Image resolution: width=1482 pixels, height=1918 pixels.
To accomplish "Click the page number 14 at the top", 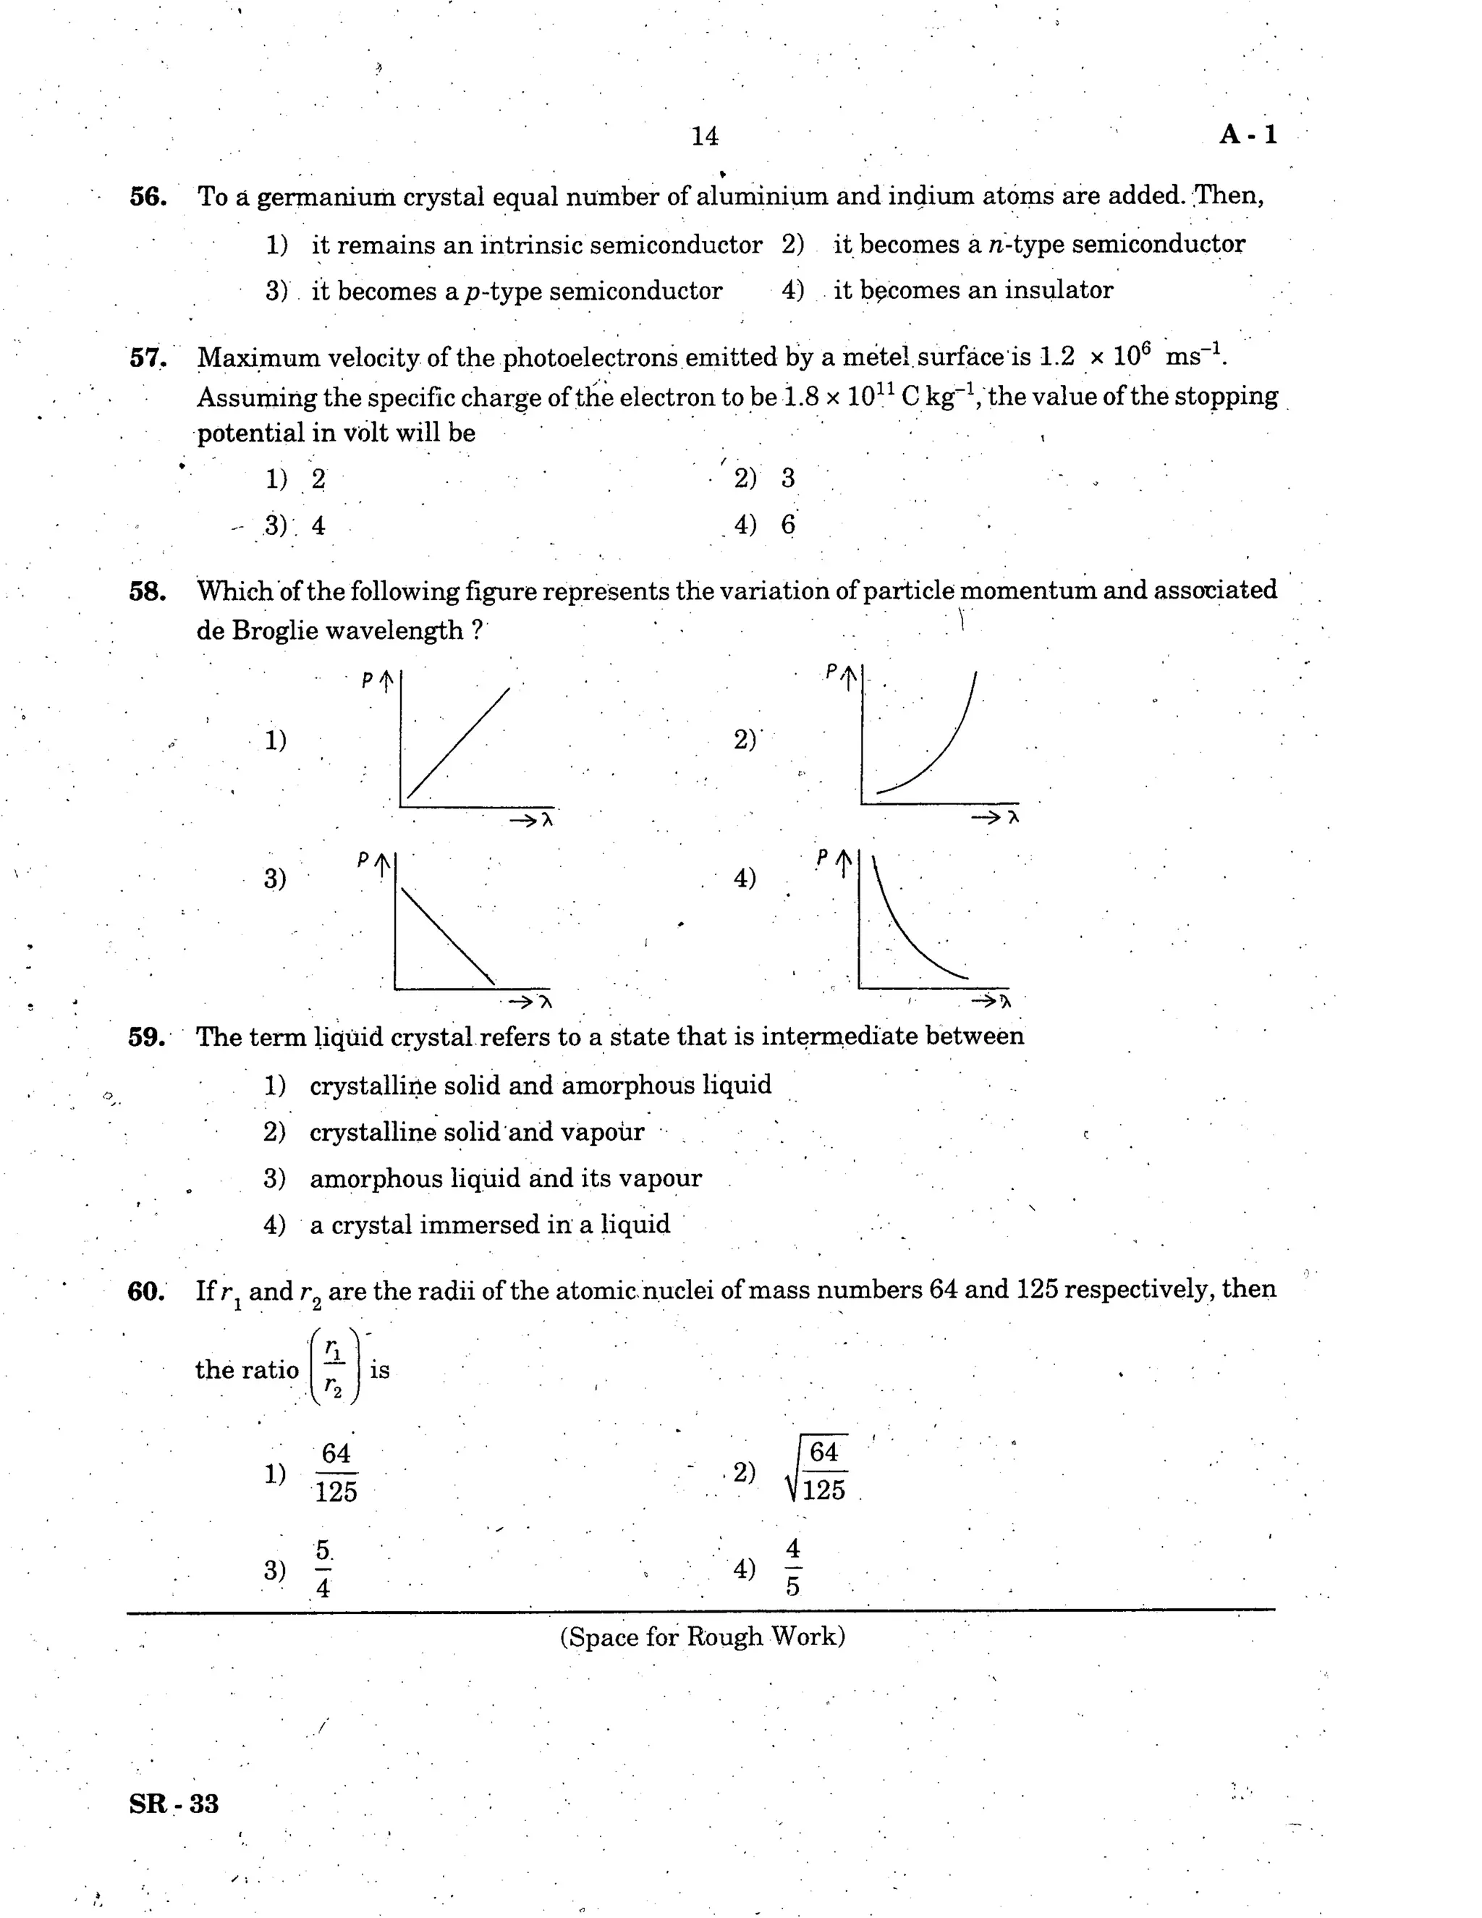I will point(704,136).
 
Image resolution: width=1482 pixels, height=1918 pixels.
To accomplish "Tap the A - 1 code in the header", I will point(1248,135).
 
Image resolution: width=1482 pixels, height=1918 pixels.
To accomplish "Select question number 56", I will point(148,197).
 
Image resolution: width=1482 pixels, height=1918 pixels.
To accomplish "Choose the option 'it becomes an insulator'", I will point(973,291).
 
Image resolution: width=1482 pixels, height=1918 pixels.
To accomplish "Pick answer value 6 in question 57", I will point(787,525).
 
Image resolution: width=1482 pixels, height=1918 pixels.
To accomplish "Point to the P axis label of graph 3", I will point(363,861).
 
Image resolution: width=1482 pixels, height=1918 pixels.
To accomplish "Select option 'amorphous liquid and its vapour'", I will point(506,1178).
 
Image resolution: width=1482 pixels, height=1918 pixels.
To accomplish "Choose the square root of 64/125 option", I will point(816,1471).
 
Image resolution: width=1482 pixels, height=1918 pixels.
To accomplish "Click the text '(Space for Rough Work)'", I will point(703,1637).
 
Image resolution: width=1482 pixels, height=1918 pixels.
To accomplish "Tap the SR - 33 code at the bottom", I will point(174,1804).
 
